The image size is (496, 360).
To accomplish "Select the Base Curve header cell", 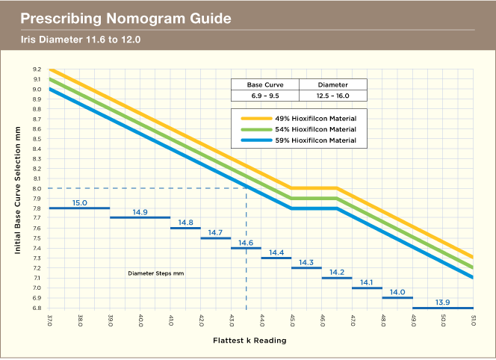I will pos(264,85).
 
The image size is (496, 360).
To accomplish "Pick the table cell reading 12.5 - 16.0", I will pos(333,95).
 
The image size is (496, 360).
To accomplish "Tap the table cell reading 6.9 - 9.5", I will pos(264,95).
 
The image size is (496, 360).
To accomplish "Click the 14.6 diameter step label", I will pos(246,243).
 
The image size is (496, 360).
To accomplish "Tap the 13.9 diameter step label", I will pos(442,302).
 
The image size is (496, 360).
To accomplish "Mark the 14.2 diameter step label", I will pos(336,273).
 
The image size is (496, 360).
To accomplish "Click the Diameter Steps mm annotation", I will pos(155,273).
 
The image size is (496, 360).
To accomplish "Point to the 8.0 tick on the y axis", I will pos(37,188).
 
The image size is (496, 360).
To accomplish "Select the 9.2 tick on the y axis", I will pos(37,69).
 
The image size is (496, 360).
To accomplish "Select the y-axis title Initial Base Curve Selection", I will pos(17,188).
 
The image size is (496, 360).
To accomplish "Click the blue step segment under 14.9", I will pos(140,217).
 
